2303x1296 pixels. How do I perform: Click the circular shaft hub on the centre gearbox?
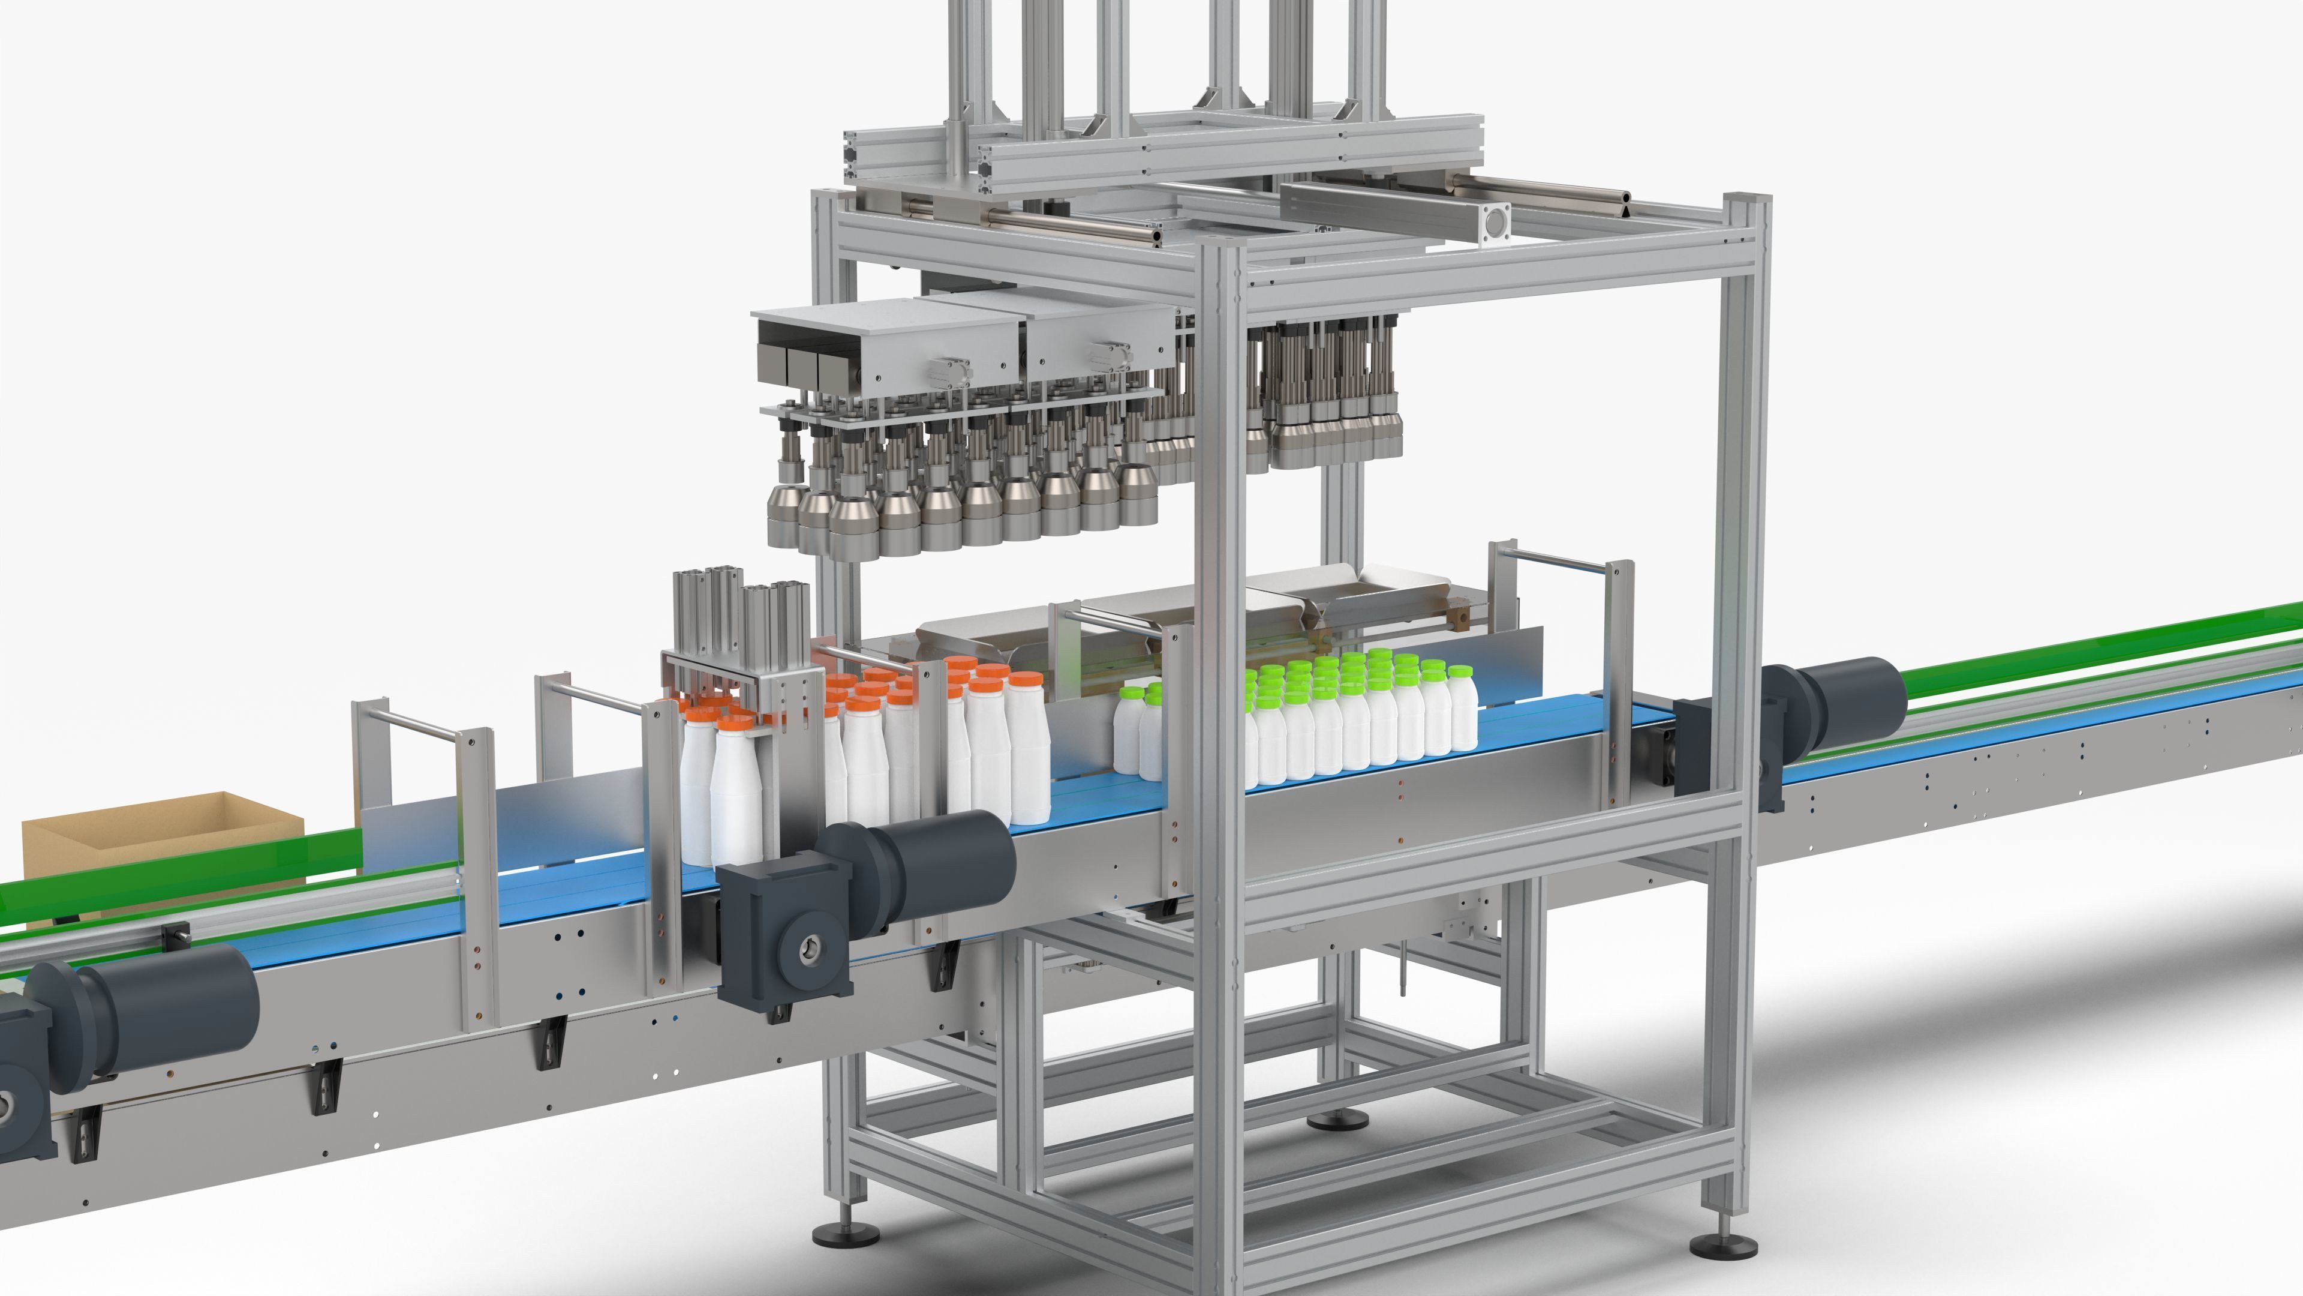tap(812, 950)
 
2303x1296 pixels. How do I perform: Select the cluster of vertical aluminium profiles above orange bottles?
tap(742, 617)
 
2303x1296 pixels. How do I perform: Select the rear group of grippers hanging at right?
tap(1332, 394)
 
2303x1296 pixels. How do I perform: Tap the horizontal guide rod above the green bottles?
tap(1556, 561)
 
